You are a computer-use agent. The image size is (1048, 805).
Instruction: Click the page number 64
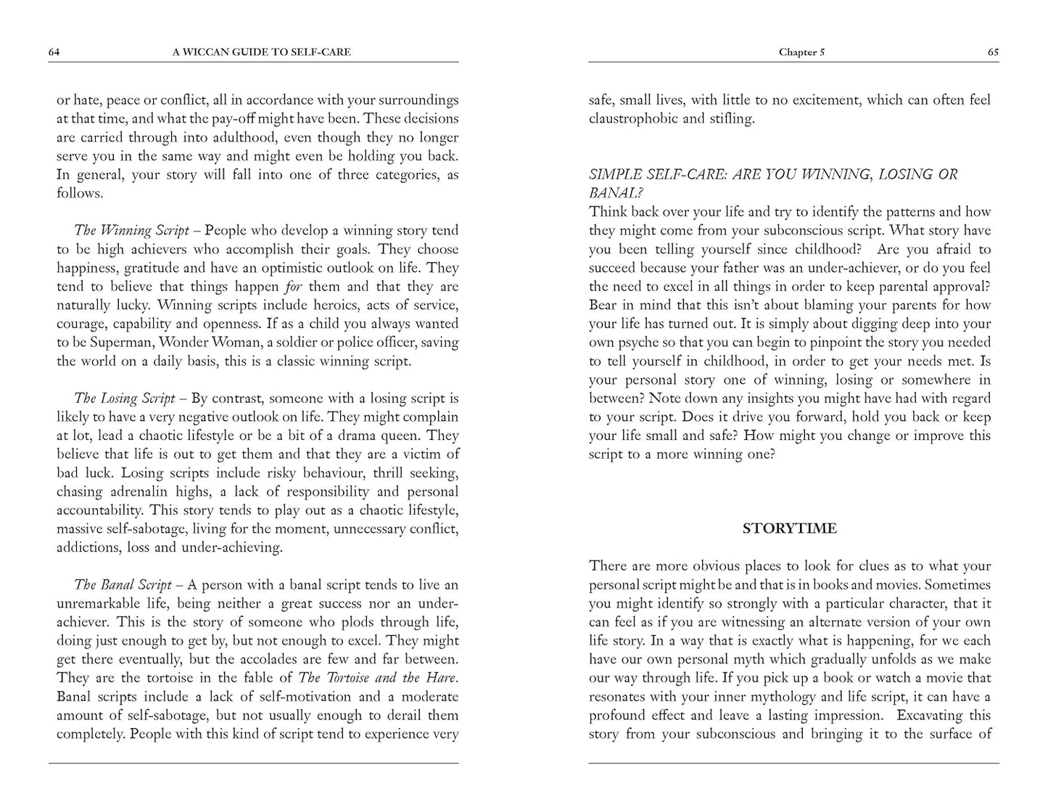point(54,52)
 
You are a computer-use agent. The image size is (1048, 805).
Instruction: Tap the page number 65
point(993,52)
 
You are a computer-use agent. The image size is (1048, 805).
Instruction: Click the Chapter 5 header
point(801,52)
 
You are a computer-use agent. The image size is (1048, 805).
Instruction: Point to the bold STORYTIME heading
point(789,528)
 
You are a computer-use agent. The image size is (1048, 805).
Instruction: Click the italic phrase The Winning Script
point(131,231)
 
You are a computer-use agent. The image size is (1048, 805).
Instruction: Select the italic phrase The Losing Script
point(125,399)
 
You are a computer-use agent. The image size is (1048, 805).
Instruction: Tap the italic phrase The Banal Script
point(123,585)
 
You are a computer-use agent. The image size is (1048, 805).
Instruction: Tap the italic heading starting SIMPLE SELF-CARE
point(772,175)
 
